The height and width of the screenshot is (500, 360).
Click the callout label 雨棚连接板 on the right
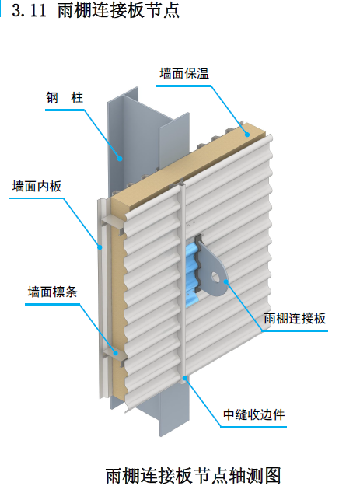click(x=294, y=318)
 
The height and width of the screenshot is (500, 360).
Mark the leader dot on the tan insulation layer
click(x=248, y=133)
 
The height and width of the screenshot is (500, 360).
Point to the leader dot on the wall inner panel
click(x=100, y=247)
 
